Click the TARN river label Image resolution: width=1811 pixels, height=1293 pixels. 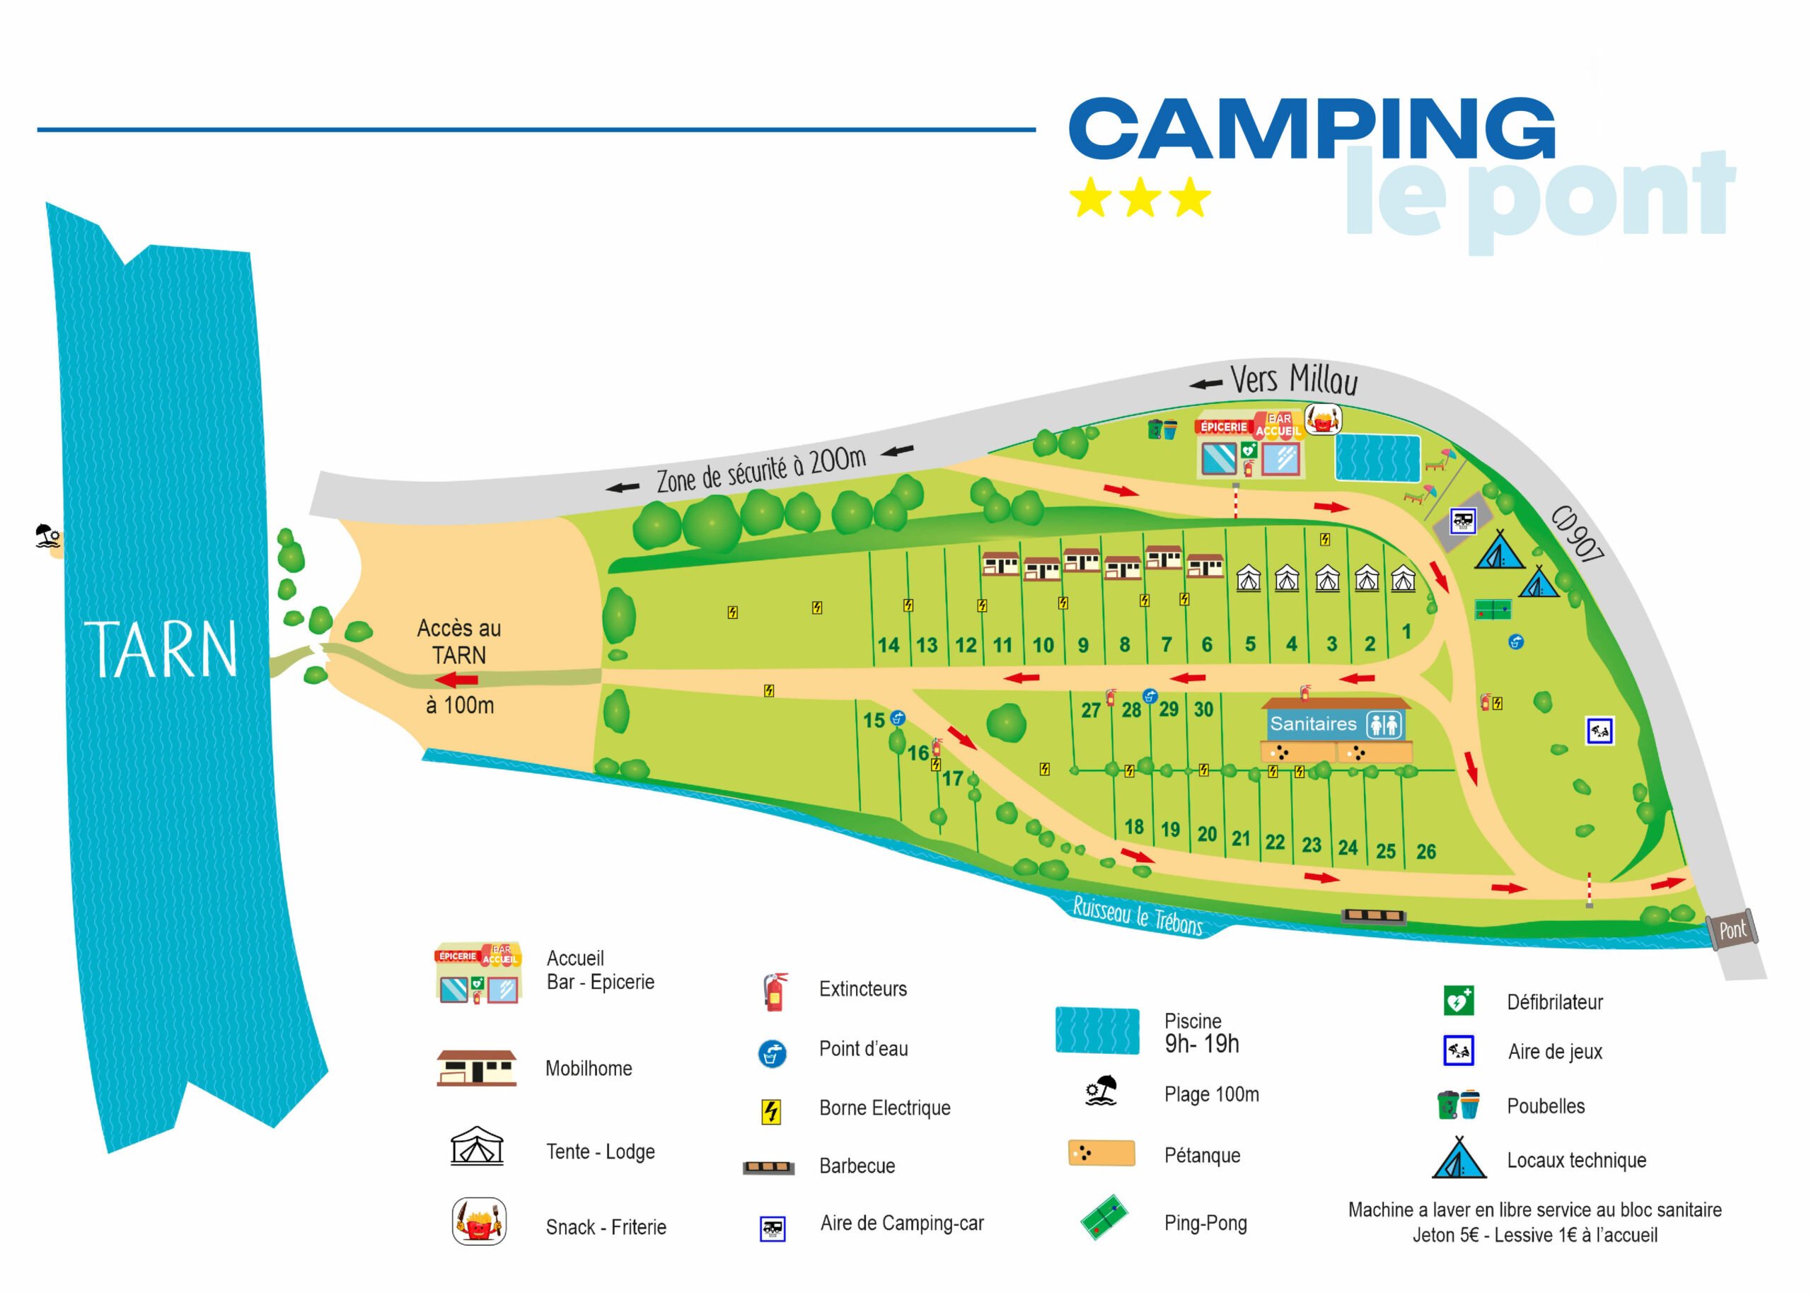tap(161, 650)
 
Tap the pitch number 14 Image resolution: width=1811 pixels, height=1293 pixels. tap(889, 645)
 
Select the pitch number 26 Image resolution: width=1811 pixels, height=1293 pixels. tap(1425, 852)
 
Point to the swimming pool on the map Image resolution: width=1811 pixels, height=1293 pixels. tap(1377, 458)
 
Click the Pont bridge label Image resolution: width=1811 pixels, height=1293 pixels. tap(1732, 929)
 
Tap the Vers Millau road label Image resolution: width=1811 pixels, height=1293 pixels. tap(1294, 379)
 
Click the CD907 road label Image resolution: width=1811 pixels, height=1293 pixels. tap(1577, 533)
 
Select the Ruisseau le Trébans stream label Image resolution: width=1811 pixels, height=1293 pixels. tap(1138, 915)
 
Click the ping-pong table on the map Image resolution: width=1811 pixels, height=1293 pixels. tap(1493, 610)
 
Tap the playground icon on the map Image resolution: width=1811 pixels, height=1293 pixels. tap(1599, 731)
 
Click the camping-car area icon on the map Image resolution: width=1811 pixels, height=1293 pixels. tap(1462, 521)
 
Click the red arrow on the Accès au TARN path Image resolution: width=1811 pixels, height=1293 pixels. tap(457, 680)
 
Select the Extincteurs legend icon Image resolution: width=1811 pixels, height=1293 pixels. tap(775, 992)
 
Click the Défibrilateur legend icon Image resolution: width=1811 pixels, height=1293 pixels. tap(1459, 1001)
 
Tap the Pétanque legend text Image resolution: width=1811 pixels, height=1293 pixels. tap(1202, 1155)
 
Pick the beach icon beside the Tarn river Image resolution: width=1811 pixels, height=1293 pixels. tap(48, 536)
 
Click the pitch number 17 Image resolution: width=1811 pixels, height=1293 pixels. tap(952, 778)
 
